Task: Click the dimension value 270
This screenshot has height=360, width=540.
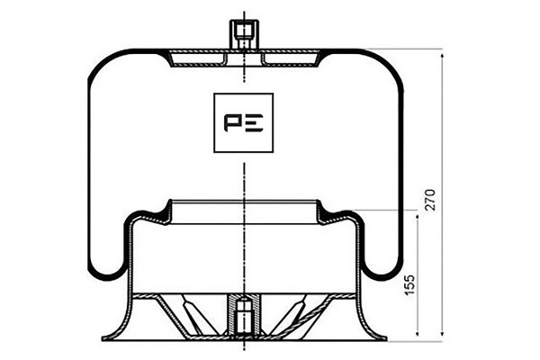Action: click(430, 200)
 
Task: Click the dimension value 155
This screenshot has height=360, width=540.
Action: click(409, 284)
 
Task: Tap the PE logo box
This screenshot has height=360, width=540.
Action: click(244, 122)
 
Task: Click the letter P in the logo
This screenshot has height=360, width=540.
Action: click(232, 123)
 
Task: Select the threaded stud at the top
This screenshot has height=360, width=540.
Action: click(244, 34)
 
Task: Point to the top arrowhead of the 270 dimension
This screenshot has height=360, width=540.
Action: click(442, 56)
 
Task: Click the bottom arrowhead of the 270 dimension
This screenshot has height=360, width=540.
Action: click(442, 332)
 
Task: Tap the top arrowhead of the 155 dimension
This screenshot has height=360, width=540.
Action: click(418, 218)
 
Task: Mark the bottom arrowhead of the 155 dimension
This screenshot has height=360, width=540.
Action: click(418, 332)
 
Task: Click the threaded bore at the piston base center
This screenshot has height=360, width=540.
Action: click(244, 314)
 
